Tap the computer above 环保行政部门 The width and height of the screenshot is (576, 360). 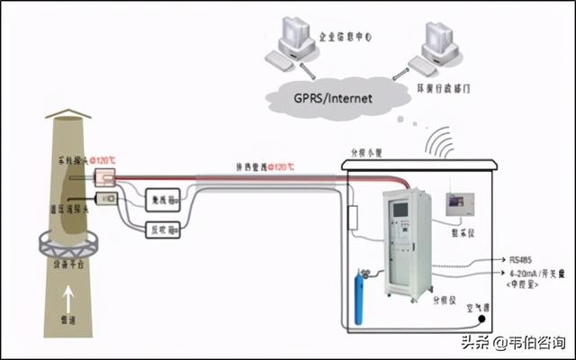(441, 43)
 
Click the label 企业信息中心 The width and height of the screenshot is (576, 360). (346, 38)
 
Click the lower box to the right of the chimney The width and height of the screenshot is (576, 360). (163, 229)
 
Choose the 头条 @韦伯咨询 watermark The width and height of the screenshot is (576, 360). (514, 343)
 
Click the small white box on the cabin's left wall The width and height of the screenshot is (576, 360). (354, 216)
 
